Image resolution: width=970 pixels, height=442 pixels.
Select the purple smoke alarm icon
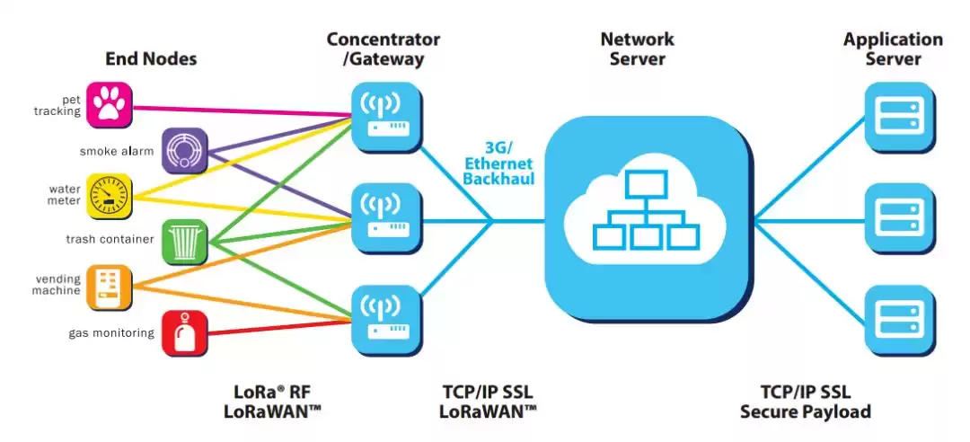pos(185,152)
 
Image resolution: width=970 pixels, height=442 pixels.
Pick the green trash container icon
pos(185,241)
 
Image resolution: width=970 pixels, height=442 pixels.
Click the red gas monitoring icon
pos(185,333)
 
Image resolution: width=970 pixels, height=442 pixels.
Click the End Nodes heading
pos(151,59)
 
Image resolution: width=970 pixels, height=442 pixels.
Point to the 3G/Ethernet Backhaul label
pos(499,164)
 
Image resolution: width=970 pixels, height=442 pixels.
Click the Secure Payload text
pos(806,412)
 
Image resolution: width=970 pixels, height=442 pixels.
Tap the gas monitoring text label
pos(111,333)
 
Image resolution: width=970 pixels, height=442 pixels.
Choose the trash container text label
pos(110,240)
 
